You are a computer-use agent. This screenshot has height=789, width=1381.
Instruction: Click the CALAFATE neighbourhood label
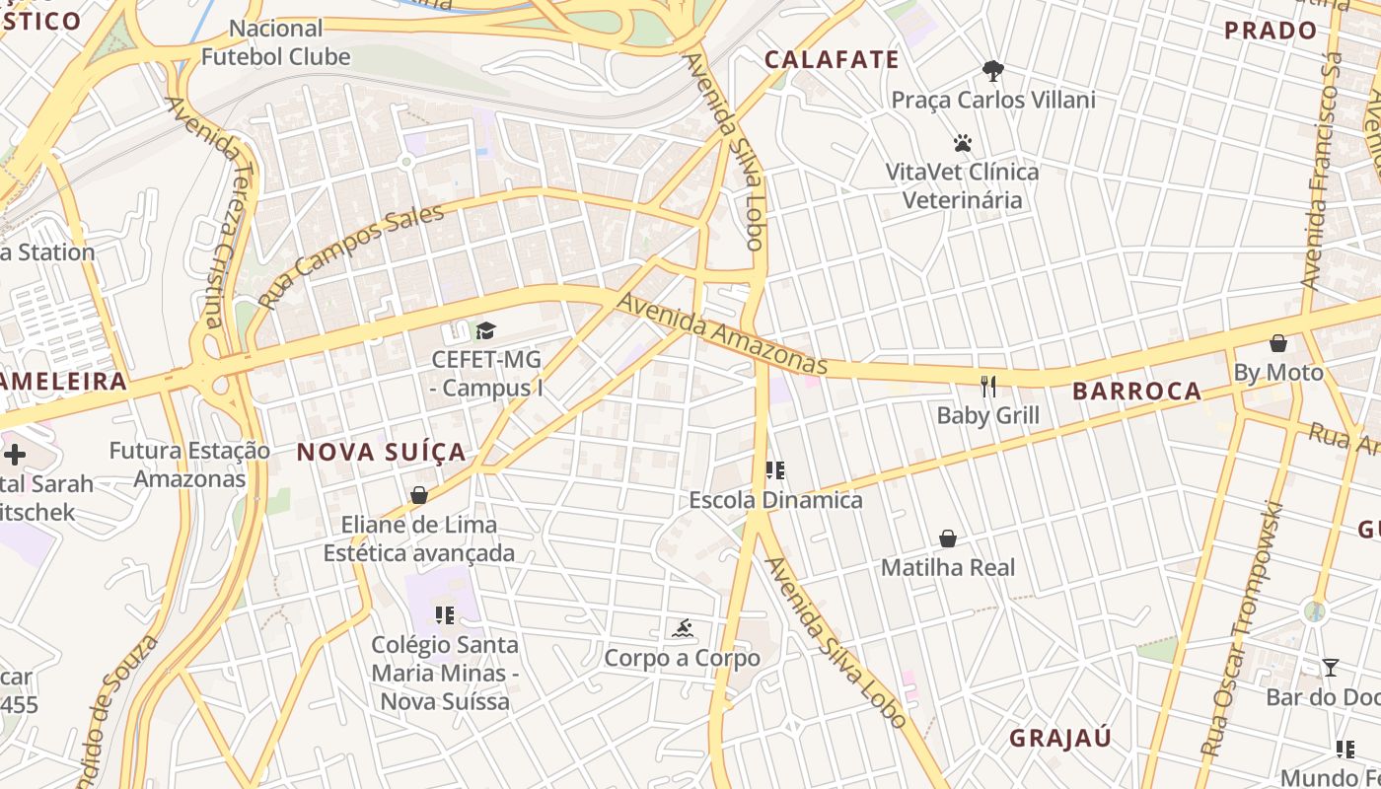point(832,60)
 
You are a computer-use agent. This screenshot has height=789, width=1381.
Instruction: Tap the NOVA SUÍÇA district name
point(381,453)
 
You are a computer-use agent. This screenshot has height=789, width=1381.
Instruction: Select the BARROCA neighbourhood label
point(1136,392)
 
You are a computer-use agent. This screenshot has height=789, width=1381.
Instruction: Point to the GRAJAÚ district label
point(1060,738)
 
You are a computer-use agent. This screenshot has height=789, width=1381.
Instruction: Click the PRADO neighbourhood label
point(1271,31)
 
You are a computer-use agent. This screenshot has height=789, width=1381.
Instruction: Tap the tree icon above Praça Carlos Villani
point(992,71)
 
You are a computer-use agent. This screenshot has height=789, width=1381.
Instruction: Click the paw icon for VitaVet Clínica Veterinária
point(963,143)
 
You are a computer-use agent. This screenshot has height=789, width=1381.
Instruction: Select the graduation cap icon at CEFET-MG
point(485,330)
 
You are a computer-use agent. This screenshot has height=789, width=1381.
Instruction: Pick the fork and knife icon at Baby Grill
point(988,386)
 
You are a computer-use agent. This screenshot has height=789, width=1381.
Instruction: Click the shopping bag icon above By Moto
point(1278,343)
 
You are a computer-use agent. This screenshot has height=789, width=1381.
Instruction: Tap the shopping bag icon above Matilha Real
point(948,538)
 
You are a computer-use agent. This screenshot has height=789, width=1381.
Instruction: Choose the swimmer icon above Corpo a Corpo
point(682,628)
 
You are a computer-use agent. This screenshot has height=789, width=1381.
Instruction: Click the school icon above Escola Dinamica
point(775,470)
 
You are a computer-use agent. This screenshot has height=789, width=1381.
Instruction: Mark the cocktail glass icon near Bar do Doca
point(1331,668)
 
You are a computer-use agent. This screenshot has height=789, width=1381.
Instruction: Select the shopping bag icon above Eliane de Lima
point(419,495)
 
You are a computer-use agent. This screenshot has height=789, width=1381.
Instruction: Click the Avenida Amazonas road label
point(722,332)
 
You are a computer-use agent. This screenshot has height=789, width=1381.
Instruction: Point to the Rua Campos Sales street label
point(350,255)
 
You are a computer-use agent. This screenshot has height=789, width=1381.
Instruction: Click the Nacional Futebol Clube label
point(276,42)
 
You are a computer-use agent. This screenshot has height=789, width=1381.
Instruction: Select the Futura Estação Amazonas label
point(189,465)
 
